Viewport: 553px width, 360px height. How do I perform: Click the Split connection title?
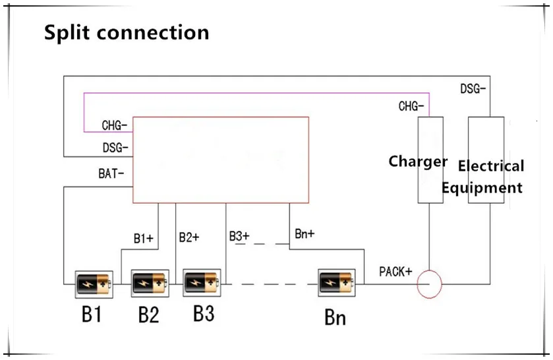click(x=127, y=32)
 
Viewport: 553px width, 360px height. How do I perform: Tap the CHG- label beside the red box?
click(x=115, y=125)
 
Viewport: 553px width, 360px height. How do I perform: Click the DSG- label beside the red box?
click(x=115, y=148)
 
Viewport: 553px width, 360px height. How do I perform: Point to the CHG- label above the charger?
click(x=411, y=106)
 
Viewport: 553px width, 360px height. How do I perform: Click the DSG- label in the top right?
click(x=473, y=88)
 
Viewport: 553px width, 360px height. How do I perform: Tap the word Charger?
click(x=418, y=162)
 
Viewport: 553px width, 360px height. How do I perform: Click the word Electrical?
click(x=491, y=166)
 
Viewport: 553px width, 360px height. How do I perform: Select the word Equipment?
click(x=482, y=188)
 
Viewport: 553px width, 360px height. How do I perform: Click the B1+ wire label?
click(x=143, y=239)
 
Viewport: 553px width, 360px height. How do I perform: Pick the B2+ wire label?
click(x=189, y=237)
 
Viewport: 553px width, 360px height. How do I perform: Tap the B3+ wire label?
click(x=239, y=236)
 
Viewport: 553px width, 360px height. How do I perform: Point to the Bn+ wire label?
click(x=304, y=235)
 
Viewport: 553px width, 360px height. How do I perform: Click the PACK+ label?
click(x=395, y=272)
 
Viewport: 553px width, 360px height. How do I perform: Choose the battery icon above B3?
click(x=202, y=284)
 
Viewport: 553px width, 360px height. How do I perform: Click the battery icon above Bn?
click(x=336, y=284)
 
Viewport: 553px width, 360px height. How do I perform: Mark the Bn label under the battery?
click(x=335, y=318)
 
